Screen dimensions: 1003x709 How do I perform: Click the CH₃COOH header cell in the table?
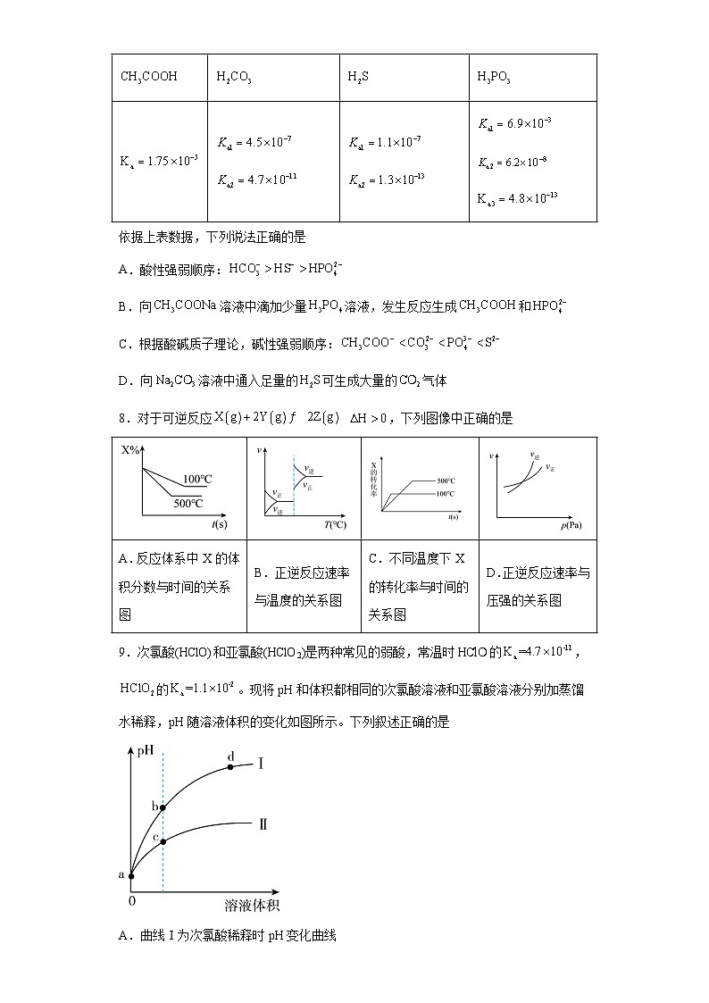[x=149, y=77]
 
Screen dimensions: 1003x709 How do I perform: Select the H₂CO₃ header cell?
[x=234, y=77]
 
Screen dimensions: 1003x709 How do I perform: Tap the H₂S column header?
[x=358, y=77]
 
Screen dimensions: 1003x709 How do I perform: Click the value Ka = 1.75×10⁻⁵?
[x=159, y=161]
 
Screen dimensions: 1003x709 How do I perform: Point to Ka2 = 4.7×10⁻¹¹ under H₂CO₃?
[x=257, y=180]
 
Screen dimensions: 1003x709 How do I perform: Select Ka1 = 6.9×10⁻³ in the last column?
[x=514, y=124]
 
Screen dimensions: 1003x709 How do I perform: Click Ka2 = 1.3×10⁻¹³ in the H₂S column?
[x=386, y=180]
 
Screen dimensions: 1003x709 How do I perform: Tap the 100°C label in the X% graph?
[x=197, y=479]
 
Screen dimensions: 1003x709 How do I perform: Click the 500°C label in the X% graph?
[x=188, y=504]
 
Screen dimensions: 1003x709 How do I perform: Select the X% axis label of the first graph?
[x=130, y=450]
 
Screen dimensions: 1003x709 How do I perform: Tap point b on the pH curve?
[x=163, y=807]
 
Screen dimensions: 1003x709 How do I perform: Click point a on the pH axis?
[x=132, y=876]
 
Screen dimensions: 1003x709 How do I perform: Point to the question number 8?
[x=122, y=418]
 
